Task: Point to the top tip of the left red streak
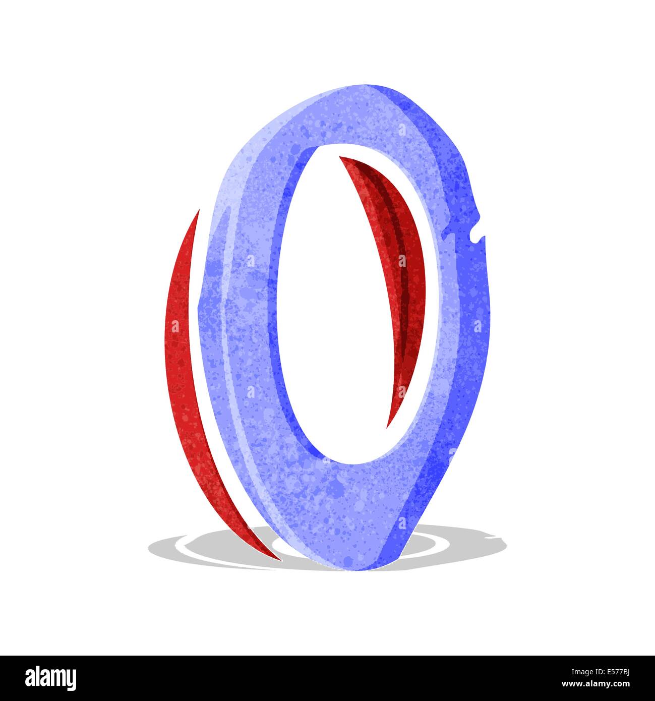[199, 210]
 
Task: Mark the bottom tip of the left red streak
[281, 560]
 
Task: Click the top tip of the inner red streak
[339, 157]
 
